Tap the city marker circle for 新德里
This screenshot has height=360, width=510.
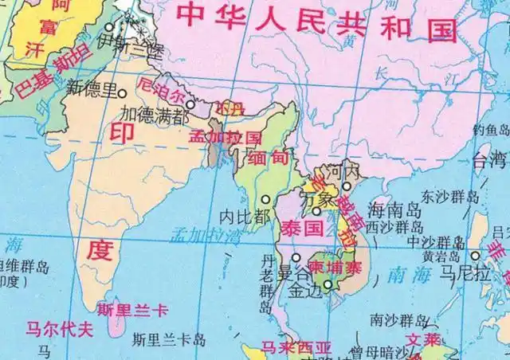124,92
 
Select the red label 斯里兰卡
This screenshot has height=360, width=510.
132,311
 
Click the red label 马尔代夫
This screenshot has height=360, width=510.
57,328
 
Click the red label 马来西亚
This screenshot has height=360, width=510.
297,349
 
